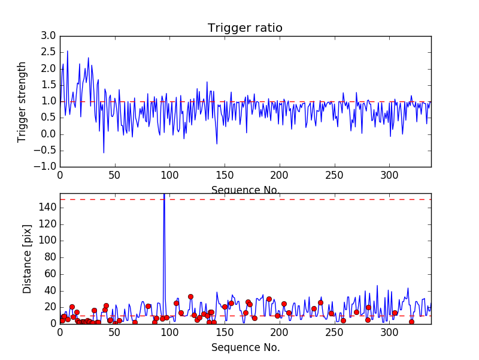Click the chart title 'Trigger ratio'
pyautogui.click(x=245, y=28)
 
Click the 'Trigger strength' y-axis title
pyautogui.click(x=22, y=102)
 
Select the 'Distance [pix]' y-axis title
pyautogui.click(x=27, y=259)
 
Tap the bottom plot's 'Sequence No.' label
pyautogui.click(x=245, y=347)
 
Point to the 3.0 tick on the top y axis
pyautogui.click(x=48, y=35)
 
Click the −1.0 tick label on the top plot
pyautogui.click(x=45, y=167)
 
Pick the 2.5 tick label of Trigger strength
pyautogui.click(x=48, y=52)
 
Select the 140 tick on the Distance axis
pyautogui.click(x=47, y=208)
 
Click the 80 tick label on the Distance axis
pyautogui.click(x=50, y=257)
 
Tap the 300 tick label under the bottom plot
pyautogui.click(x=390, y=332)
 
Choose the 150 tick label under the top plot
pyautogui.click(x=225, y=175)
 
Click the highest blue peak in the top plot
pyautogui.click(x=68, y=51)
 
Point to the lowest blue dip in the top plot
pyautogui.click(x=104, y=152)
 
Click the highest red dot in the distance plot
pyautogui.click(x=190, y=296)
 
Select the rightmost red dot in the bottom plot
pyautogui.click(x=411, y=322)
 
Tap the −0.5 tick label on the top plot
pyautogui.click(x=45, y=151)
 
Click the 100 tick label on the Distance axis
pyautogui.click(x=47, y=241)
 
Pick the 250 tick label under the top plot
pyautogui.click(x=335, y=175)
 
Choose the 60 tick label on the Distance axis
pyautogui.click(x=50, y=274)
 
